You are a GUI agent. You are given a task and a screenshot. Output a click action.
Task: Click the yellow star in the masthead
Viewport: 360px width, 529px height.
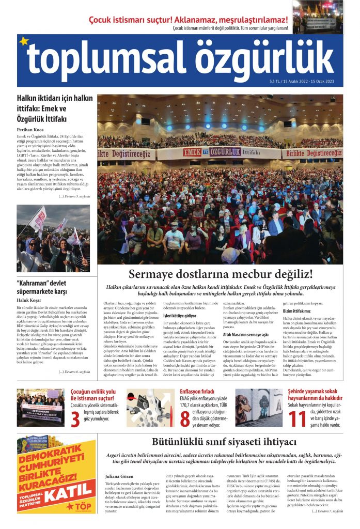point(23,41)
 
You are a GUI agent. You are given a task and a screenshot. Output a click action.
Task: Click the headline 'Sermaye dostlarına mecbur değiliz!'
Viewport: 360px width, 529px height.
point(221,274)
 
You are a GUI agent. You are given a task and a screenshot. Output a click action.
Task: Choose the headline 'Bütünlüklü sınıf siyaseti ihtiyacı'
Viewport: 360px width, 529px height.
point(224,442)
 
